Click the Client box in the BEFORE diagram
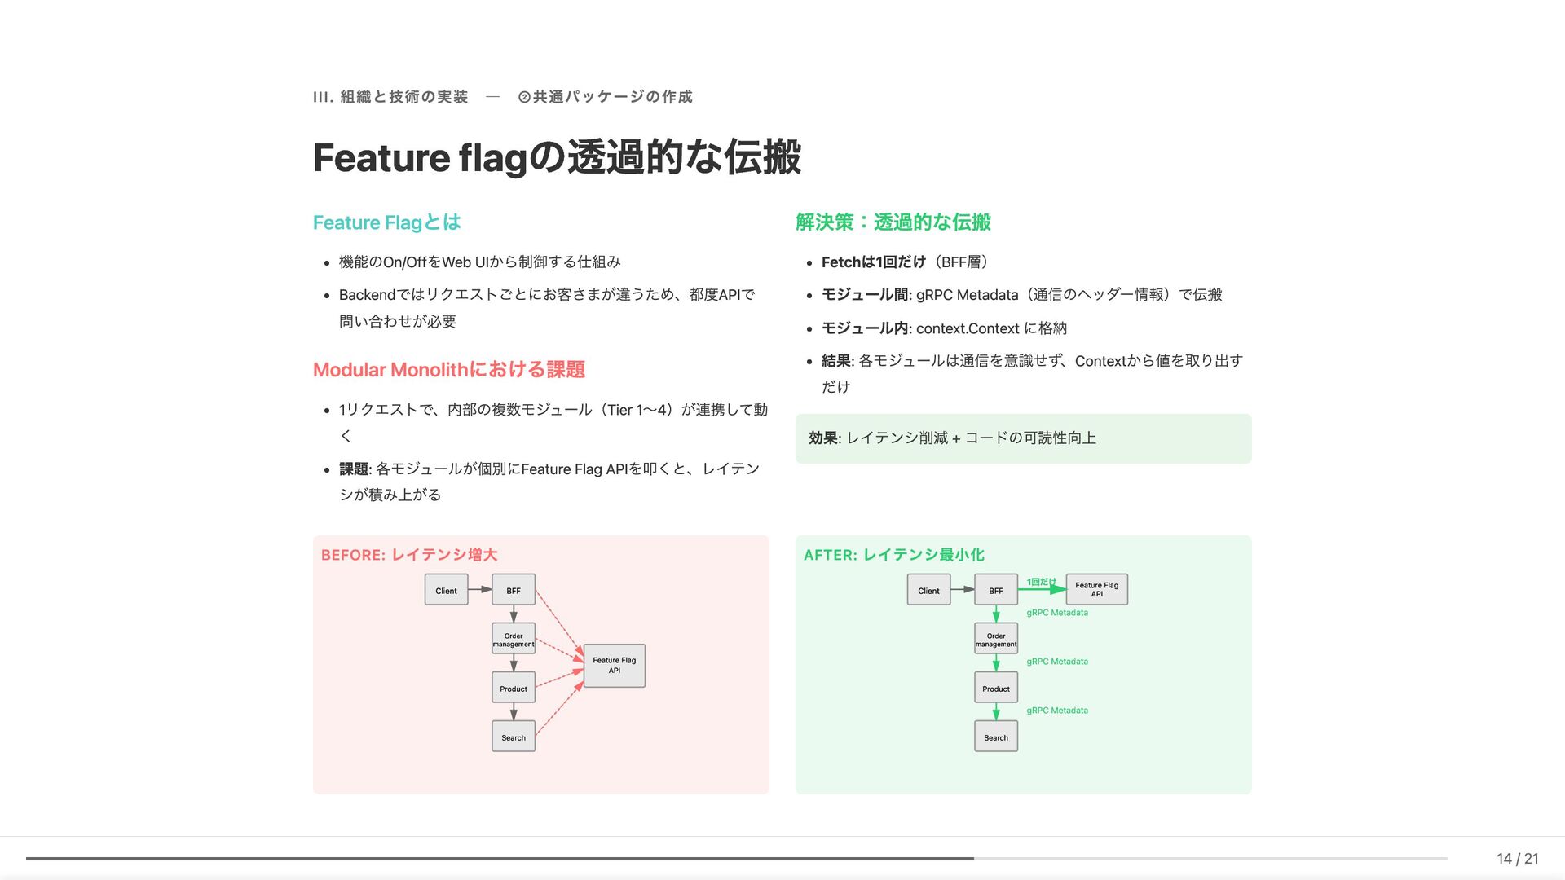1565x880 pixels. tap(446, 590)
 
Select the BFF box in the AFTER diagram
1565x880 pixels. tap(995, 590)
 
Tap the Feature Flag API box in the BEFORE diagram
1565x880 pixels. tap(615, 665)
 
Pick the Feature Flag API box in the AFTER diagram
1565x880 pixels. tap(1096, 589)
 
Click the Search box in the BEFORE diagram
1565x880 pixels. tap(514, 737)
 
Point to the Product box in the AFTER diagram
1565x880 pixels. tap(995, 688)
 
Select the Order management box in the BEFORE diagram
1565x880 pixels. tap(514, 639)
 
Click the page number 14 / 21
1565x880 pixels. tap(1517, 858)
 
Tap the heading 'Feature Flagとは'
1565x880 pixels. tap(386, 222)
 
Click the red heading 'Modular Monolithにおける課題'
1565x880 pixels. tap(448, 370)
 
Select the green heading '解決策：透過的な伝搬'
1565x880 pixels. tap(893, 222)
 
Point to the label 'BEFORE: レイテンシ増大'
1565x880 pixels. tap(408, 555)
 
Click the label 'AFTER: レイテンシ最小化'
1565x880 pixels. tap(893, 555)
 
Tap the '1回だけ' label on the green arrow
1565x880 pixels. tap(1040, 582)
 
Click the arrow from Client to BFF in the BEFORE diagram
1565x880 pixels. tap(480, 589)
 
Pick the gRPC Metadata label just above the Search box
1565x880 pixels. tap(1056, 711)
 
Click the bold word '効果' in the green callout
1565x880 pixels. tap(823, 438)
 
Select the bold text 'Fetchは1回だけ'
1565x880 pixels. tap(873, 262)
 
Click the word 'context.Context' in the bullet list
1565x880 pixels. tap(967, 328)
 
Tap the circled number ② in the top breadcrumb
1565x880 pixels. tap(524, 97)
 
